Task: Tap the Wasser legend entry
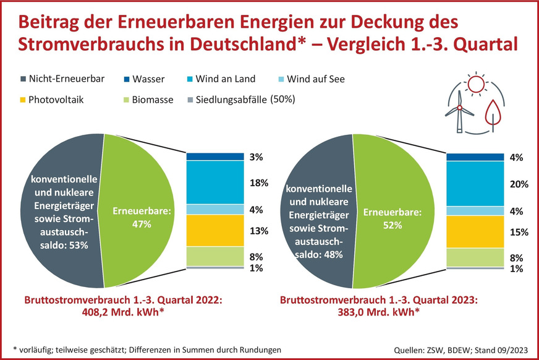(x=145, y=79)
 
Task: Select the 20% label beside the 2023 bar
(x=519, y=184)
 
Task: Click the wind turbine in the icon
(x=459, y=114)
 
